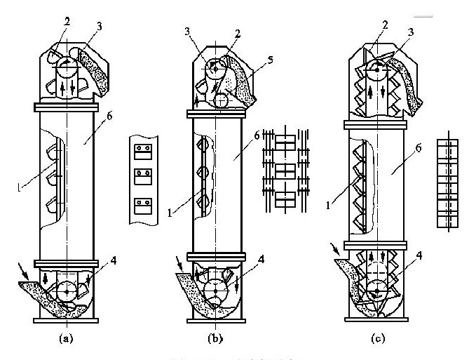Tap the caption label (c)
click(378, 338)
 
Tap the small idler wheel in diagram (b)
click(221, 101)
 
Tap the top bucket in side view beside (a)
click(145, 149)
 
